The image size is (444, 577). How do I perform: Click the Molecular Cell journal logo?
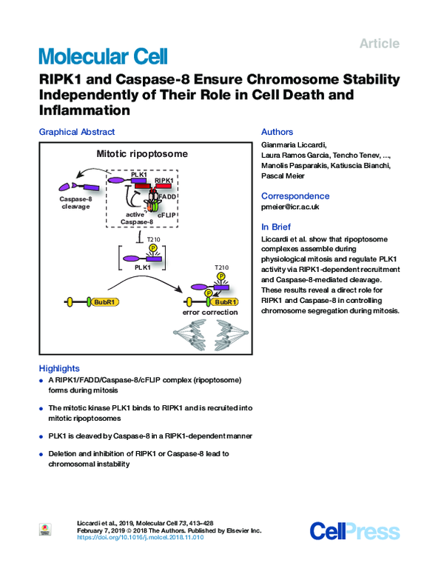click(104, 56)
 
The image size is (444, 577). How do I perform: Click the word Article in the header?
click(380, 44)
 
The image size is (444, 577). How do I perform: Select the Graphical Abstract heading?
click(77, 132)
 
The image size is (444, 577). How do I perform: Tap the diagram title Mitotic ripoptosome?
click(142, 153)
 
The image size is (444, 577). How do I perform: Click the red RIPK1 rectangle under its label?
click(164, 186)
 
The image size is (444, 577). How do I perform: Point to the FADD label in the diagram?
click(167, 197)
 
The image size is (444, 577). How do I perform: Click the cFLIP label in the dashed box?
click(166, 215)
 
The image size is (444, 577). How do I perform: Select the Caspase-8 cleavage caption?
click(75, 203)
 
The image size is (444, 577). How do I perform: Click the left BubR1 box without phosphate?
click(104, 302)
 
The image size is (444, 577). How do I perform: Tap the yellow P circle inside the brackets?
click(152, 248)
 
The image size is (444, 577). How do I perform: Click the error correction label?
click(210, 312)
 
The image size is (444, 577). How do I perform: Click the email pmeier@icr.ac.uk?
click(290, 207)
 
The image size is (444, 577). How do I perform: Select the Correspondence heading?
click(295, 196)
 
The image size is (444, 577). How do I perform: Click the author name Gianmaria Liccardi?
click(293, 145)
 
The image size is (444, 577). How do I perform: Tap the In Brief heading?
click(276, 227)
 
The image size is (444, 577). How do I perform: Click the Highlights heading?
click(59, 368)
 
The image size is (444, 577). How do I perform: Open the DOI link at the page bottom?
click(140, 537)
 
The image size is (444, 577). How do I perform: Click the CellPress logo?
click(354, 531)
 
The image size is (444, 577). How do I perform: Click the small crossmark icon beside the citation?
click(45, 530)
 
